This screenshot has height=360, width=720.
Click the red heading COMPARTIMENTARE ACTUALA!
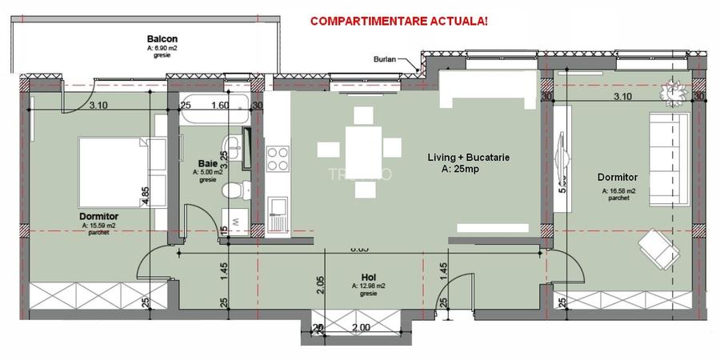398,19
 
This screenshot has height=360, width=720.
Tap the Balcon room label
162,38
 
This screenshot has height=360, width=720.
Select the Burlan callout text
385,60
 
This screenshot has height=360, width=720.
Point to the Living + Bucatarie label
469,158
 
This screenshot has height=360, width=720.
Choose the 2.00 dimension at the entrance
361,328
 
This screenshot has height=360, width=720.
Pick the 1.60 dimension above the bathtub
219,104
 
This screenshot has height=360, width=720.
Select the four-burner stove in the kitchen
278,158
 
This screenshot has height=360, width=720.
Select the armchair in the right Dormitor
659,247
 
